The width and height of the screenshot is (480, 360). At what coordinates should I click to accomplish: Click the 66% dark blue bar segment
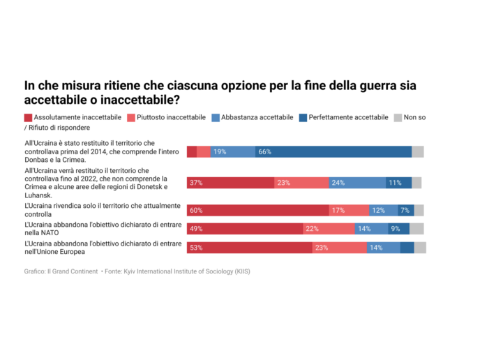[333, 151]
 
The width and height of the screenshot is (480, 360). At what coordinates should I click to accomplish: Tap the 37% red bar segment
[230, 183]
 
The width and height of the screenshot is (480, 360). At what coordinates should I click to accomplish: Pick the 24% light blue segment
[357, 183]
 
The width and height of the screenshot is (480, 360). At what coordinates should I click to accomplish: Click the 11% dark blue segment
[398, 183]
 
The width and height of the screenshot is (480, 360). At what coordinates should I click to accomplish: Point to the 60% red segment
[257, 210]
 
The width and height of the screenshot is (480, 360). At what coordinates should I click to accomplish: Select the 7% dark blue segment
[405, 210]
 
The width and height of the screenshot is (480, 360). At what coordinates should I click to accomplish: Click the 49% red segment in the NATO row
[245, 229]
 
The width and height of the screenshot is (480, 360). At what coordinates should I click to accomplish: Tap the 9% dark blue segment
[398, 229]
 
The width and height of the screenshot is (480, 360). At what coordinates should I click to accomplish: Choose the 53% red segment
[249, 248]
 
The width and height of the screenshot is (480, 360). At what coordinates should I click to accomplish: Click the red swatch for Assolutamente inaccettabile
[28, 117]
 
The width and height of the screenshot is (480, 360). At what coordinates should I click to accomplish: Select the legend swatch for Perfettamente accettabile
[302, 117]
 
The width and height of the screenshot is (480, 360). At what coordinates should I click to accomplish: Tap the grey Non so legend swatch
[398, 117]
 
